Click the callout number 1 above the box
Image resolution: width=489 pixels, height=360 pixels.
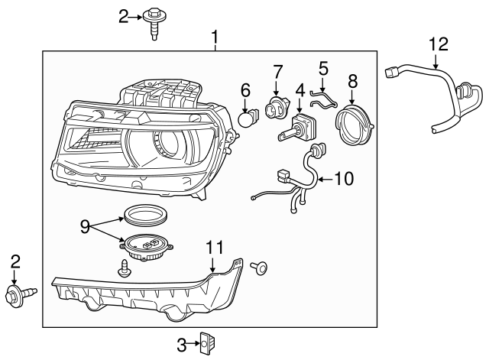click(215, 37)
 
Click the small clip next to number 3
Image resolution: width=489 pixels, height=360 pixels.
click(205, 345)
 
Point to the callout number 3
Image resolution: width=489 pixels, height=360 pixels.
click(182, 345)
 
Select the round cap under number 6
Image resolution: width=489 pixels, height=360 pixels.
click(246, 118)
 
